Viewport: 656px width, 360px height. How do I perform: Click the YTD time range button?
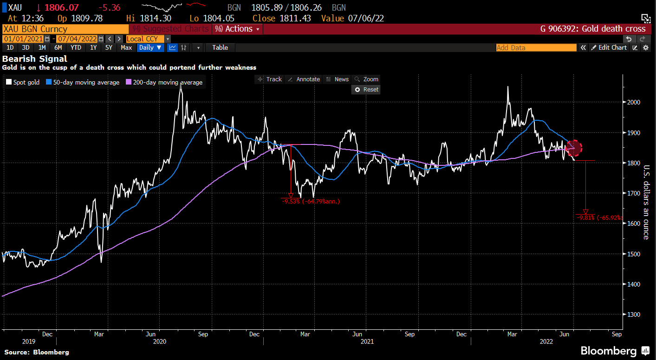coord(76,47)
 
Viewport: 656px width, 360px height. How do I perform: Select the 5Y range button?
coord(109,47)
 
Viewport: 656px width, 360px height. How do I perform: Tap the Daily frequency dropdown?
coord(150,47)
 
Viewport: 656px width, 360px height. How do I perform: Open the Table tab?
coord(220,47)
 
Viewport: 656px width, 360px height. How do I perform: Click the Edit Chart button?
coord(609,47)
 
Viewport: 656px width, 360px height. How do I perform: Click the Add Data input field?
coord(536,47)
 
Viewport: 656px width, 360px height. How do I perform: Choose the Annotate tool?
coord(304,79)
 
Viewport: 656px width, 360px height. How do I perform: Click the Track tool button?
coord(270,79)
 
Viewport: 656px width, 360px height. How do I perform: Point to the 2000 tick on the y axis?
coord(635,102)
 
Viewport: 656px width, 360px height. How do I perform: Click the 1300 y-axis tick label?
coord(635,314)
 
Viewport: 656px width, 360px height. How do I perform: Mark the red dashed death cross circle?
coord(574,148)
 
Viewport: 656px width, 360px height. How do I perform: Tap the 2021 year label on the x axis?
coord(367,342)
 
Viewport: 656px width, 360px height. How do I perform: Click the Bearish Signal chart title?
coord(35,59)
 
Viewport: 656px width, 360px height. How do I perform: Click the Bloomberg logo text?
coord(608,350)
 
